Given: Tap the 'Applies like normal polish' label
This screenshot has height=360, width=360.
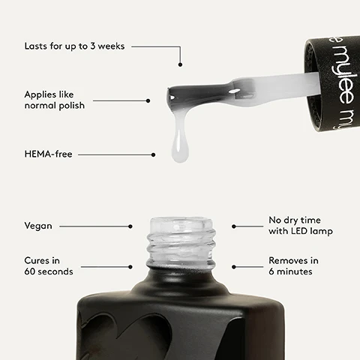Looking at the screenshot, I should coord(54,100).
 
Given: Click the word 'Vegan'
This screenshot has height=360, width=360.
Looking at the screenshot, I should coord(38,225).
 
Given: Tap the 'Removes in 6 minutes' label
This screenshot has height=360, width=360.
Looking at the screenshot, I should coord(293,265).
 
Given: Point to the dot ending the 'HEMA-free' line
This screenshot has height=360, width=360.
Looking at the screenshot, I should coord(153,155).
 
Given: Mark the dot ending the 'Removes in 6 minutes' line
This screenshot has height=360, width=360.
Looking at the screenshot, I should coord(233,265).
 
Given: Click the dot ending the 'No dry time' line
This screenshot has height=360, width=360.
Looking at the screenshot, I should coord(233,226).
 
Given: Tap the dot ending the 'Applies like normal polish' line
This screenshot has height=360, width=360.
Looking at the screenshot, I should coord(148,100).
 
